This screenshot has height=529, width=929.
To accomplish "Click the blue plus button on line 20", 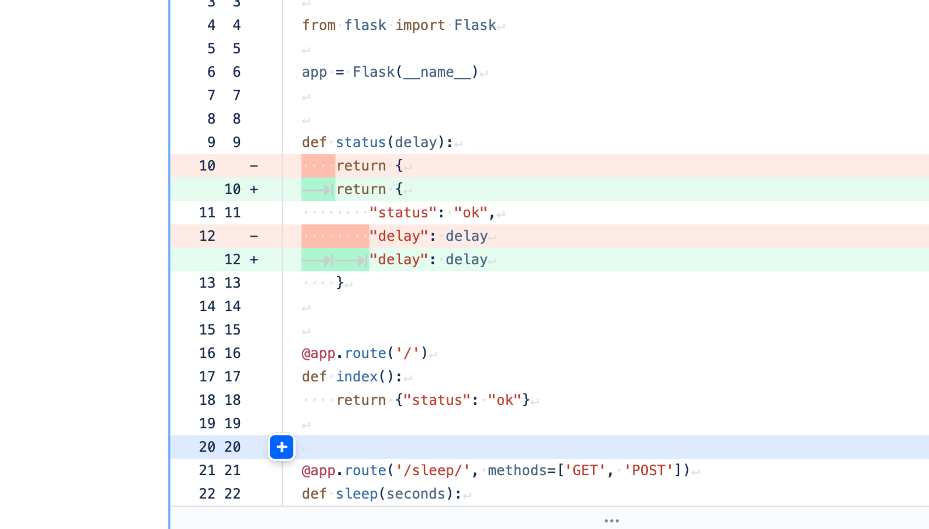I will [282, 448].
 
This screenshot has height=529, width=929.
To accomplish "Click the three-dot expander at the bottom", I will [611, 520].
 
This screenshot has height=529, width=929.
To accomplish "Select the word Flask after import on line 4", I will [475, 25].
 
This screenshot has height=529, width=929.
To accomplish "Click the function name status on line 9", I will [361, 142].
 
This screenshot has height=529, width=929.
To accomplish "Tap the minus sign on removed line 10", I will [253, 166].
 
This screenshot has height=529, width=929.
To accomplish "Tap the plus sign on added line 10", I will [253, 189].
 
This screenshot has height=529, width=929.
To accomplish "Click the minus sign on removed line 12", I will [253, 236].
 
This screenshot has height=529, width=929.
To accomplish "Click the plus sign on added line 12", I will [253, 260].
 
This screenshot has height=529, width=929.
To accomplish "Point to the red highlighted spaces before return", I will [318, 166].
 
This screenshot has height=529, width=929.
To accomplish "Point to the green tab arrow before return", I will [318, 189].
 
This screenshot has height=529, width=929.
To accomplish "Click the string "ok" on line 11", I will [471, 213].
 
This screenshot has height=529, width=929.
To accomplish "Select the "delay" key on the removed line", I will [399, 236].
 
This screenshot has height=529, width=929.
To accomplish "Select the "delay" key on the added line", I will [399, 260].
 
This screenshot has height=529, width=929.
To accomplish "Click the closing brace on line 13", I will [340, 283].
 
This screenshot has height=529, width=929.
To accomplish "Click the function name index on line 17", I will [357, 377].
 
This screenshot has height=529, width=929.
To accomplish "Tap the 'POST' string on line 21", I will [648, 470].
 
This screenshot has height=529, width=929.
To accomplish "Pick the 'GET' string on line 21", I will [585, 470].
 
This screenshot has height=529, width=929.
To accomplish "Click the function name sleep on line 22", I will [357, 494].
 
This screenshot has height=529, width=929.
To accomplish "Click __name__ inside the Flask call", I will [437, 72].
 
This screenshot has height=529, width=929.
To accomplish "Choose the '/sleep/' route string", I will [433, 470].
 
